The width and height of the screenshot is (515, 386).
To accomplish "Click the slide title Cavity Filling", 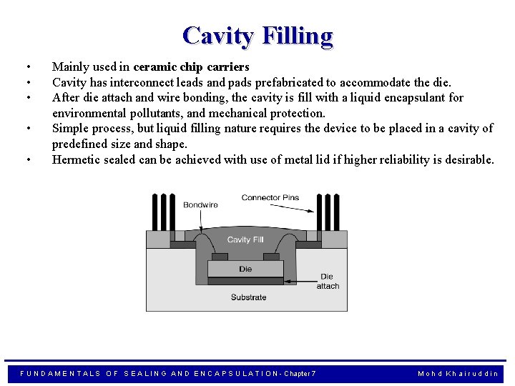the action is tap(257, 36).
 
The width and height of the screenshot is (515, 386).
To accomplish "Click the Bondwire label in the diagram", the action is tap(200, 205).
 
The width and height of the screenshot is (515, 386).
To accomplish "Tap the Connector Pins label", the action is tap(270, 198).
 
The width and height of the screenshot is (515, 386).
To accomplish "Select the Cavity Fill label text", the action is tap(245, 239).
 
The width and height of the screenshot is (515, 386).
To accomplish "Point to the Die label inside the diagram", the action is tap(245, 269).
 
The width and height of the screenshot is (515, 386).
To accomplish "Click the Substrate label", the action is tap(248, 297).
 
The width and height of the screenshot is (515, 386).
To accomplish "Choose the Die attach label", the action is tap(328, 282).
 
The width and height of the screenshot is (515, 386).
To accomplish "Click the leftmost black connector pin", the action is tap(153, 211).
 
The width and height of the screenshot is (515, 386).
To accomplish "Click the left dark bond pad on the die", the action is tap(220, 257).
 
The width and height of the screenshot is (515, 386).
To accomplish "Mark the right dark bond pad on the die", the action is tap(271, 257).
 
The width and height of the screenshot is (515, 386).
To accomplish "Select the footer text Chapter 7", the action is tap(301, 374).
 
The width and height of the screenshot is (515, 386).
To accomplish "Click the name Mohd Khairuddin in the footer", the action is tap(458, 374).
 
